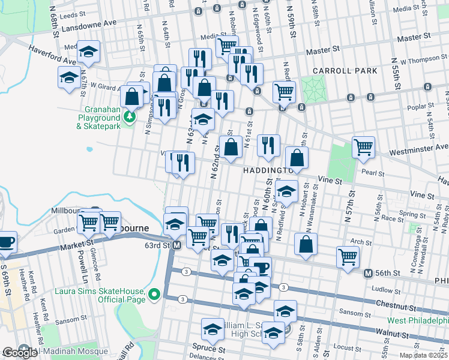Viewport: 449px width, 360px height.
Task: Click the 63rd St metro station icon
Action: pos(176,246)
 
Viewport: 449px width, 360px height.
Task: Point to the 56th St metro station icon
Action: pos(368,274)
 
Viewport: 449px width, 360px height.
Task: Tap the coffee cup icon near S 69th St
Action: pos(7,241)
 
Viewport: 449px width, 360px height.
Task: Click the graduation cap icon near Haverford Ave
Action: pos(89,52)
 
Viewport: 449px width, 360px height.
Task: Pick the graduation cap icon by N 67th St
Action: pos(69,76)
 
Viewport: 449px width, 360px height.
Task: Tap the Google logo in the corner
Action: pos(19,353)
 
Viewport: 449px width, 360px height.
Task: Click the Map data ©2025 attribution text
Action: pos(423,355)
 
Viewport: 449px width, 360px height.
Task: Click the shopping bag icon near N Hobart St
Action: pos(306,244)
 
